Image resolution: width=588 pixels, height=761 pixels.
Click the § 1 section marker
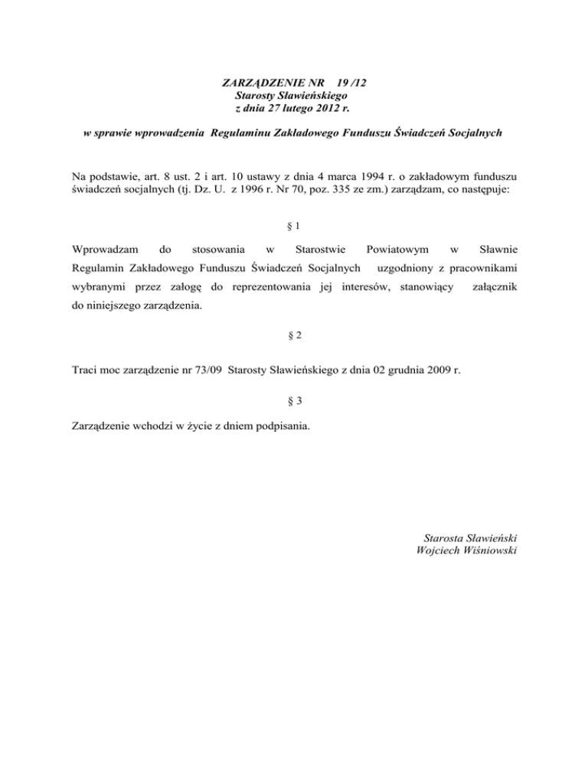point(293,226)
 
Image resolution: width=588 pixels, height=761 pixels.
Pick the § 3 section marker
point(293,401)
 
